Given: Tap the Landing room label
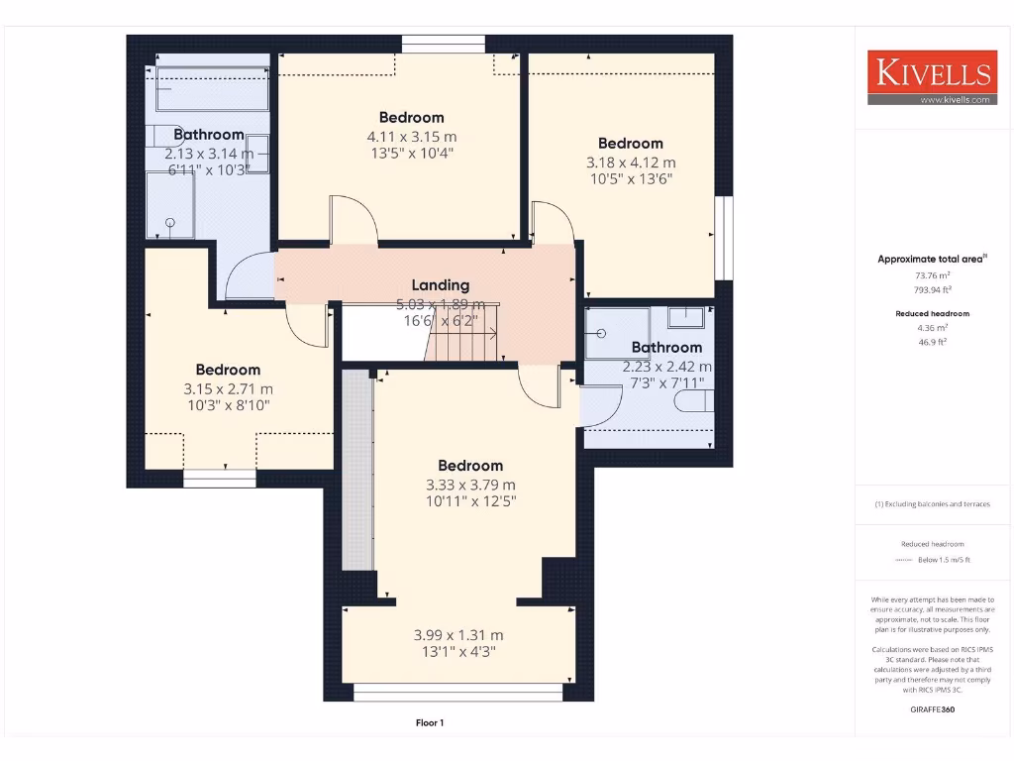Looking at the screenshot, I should (441, 285).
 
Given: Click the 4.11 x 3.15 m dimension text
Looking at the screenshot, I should (412, 137).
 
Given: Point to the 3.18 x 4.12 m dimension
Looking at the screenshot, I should (631, 163).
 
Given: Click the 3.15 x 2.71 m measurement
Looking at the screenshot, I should (228, 389).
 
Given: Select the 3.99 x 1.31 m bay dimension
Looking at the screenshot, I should (458, 635).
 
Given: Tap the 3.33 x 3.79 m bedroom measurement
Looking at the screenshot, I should (470, 485).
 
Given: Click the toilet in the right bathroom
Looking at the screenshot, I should (694, 401).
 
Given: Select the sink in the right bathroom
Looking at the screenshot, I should (686, 317).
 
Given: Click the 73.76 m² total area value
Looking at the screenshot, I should (932, 276).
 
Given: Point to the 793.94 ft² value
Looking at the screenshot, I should (932, 289).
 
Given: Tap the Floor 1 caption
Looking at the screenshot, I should (430, 723).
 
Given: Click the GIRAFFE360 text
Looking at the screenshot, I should (932, 709).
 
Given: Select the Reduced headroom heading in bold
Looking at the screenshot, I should (932, 313).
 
